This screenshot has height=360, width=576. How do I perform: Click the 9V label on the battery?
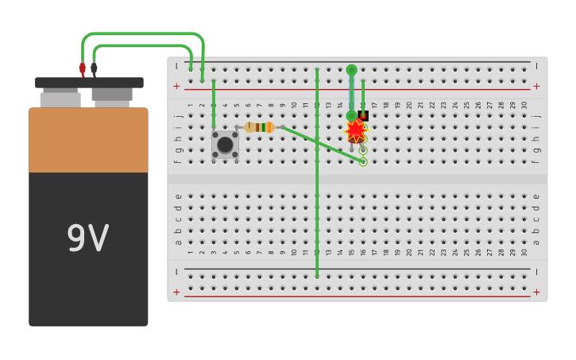click(87, 238)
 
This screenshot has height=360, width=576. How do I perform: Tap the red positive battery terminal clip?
click(82, 69)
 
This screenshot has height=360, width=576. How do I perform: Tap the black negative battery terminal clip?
click(94, 68)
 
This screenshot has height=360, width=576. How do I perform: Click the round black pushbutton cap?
click(225, 144)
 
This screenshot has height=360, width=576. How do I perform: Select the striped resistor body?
click(260, 127)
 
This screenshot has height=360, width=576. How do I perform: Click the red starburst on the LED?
click(354, 131)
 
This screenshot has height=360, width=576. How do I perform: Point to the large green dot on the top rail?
click(351, 70)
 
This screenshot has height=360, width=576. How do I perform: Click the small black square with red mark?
click(363, 115)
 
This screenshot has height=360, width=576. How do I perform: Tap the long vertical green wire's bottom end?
click(317, 275)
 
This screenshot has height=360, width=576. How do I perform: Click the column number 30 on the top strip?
click(524, 105)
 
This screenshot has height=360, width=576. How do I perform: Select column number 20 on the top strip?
click(409, 105)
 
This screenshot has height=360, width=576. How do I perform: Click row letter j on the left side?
click(178, 116)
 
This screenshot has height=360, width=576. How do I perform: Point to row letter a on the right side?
click(536, 242)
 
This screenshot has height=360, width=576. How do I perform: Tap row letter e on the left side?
click(178, 196)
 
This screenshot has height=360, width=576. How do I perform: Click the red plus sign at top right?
click(536, 86)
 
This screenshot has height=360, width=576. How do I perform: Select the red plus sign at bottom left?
click(176, 292)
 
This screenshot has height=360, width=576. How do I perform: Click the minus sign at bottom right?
click(536, 272)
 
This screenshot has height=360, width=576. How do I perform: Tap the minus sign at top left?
click(176, 66)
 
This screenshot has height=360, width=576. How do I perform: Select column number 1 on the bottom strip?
click(191, 253)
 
